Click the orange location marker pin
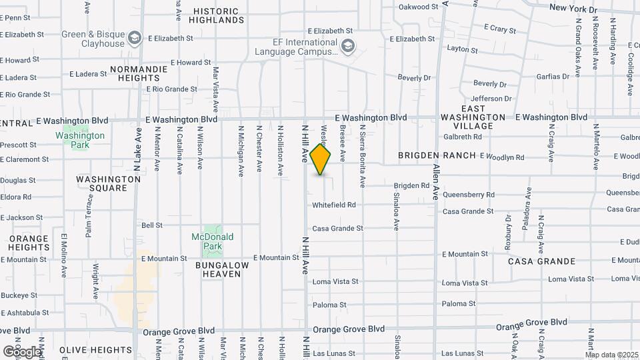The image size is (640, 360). (x=321, y=159)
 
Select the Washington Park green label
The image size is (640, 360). (x=80, y=135)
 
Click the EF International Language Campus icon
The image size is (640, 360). (x=347, y=46)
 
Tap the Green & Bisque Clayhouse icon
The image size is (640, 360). (x=135, y=37)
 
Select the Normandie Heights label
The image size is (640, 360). (x=134, y=73)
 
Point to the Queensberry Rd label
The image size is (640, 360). (x=468, y=195)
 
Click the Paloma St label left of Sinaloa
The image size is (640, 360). (x=329, y=305)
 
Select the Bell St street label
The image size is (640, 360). (x=152, y=225)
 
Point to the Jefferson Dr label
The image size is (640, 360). (x=491, y=99)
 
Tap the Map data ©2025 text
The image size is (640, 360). (x=611, y=355)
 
